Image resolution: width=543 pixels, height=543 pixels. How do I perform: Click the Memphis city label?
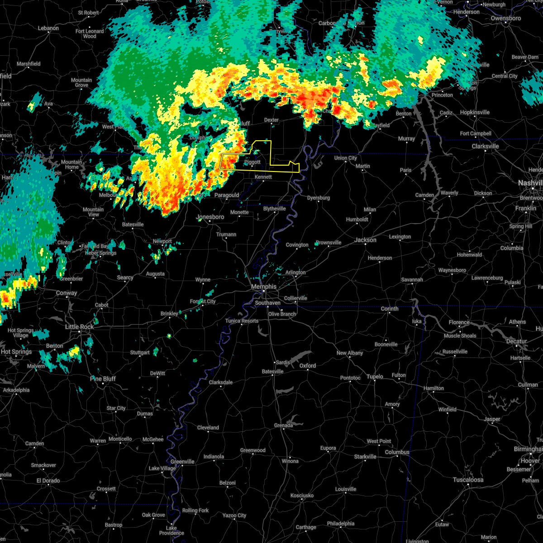click(x=264, y=286)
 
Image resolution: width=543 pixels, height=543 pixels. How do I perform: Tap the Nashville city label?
click(x=530, y=182)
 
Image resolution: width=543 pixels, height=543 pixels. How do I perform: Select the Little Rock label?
click(x=79, y=327)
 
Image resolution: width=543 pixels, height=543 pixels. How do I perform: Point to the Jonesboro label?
click(x=210, y=217)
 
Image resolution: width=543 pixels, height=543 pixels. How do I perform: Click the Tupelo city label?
click(x=375, y=376)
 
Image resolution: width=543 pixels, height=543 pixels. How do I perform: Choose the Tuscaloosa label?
click(x=468, y=480)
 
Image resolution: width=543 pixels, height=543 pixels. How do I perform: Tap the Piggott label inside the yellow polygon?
click(x=252, y=162)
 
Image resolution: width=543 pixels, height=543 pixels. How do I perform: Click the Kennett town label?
click(x=263, y=177)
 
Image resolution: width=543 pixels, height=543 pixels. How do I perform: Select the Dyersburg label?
click(x=318, y=198)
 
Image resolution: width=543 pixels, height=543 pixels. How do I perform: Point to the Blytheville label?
click(x=275, y=209)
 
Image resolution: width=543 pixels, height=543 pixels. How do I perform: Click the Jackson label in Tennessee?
click(x=365, y=240)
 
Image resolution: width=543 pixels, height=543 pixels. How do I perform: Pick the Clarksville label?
click(x=485, y=146)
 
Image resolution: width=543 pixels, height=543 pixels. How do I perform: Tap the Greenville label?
click(x=182, y=462)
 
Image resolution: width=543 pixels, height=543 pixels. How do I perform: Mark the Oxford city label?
click(x=308, y=366)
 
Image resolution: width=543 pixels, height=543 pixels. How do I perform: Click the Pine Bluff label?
click(x=103, y=379)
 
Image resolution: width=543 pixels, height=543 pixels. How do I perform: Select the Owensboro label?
click(x=505, y=19)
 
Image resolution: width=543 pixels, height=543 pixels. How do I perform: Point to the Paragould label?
click(x=227, y=195)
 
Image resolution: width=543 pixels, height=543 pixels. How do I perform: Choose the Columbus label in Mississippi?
click(x=397, y=452)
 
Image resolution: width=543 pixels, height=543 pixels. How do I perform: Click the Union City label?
click(x=345, y=158)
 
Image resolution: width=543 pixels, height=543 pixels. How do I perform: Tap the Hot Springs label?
click(x=16, y=352)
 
